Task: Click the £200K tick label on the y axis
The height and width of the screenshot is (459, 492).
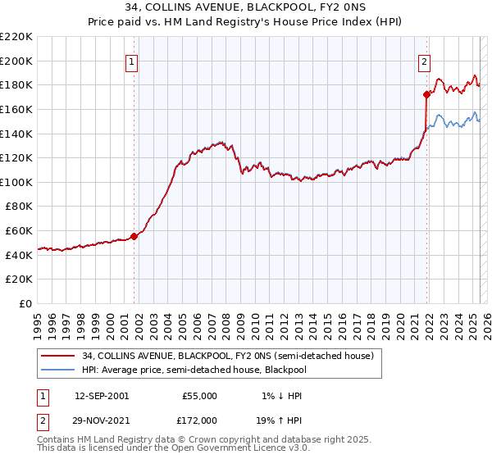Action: tap(16, 61)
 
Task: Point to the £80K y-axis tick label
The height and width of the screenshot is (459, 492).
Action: tap(19, 207)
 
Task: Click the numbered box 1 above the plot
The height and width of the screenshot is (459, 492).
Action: tap(133, 60)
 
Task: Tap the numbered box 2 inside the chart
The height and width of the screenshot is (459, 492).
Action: tap(424, 60)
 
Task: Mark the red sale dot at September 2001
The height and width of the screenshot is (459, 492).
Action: tap(134, 236)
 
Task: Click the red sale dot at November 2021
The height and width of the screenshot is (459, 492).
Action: tap(427, 94)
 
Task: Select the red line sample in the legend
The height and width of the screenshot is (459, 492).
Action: tap(58, 356)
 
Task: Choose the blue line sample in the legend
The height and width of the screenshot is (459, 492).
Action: tap(58, 369)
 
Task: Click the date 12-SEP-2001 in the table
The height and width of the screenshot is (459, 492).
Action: tap(102, 396)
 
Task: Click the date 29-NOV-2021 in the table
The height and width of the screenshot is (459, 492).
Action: tap(102, 420)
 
